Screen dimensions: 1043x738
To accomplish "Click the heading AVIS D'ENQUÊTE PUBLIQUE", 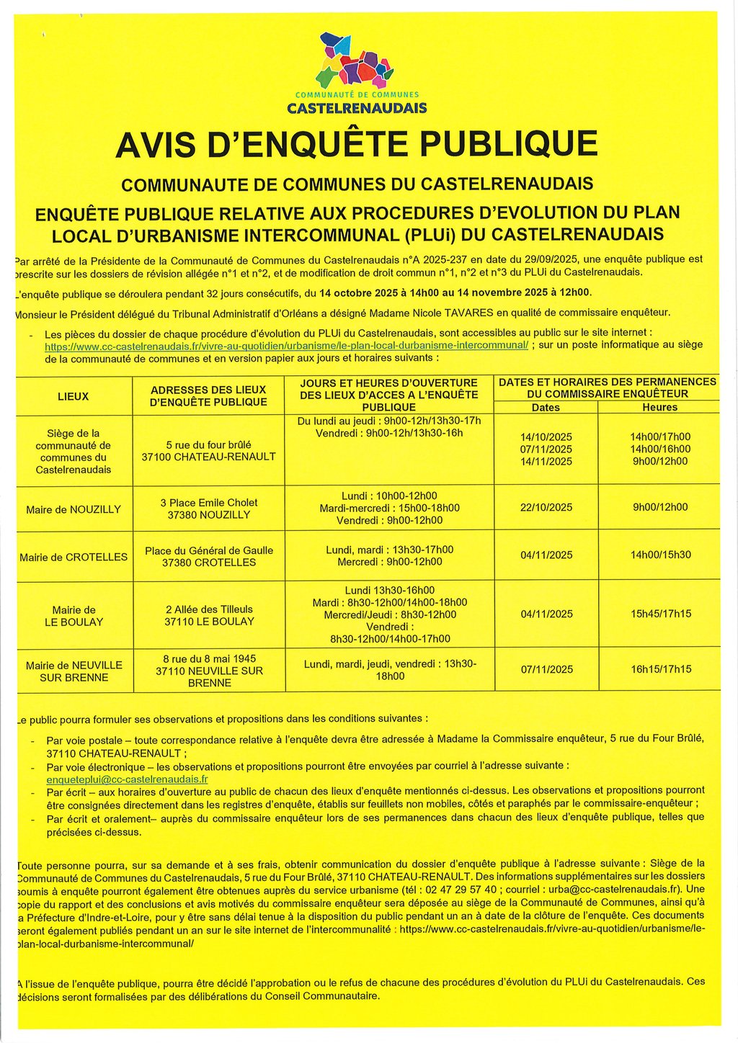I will pos(356,144).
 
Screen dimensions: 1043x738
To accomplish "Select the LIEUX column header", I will pos(73,396).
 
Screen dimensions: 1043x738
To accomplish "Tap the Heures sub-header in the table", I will pos(659,407).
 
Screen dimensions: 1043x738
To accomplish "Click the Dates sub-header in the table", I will pos(546,407).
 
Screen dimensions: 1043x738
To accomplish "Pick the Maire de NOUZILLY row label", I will pos(74,509).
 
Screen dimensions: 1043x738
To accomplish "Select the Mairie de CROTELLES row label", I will pos(74,557).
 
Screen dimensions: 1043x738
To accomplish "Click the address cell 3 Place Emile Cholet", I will pos(209,503).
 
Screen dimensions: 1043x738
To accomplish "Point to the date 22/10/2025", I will pos(546,507).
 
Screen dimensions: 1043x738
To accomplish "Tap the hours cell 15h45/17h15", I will pos(660,614).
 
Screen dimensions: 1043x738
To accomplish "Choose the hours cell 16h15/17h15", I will pos(660,669).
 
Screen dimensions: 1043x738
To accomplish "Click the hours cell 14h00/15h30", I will pos(660,555).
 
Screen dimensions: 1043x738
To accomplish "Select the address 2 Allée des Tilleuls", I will pos(209,609).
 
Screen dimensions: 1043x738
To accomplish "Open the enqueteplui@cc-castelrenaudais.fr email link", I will pos(127,779).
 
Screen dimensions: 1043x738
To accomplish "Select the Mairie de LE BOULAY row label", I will pos(74,616).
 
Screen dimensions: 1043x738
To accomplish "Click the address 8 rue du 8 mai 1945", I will pos(209,658).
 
